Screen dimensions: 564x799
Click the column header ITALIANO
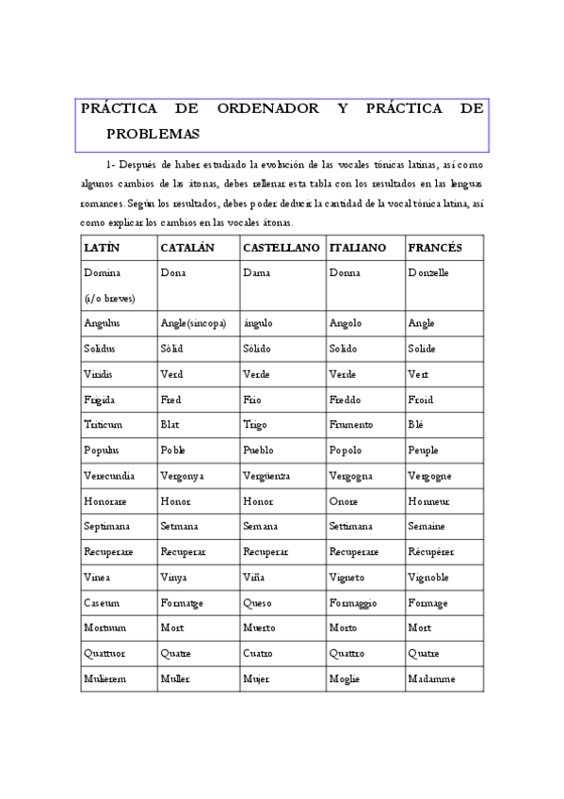coord(358,247)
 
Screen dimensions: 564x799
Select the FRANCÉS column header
coord(435,247)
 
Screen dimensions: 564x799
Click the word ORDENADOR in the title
coord(267,109)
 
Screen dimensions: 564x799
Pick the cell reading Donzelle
coord(428,272)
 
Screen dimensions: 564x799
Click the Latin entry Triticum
coord(104,425)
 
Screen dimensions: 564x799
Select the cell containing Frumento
coord(351,425)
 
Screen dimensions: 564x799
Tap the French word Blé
coord(417,425)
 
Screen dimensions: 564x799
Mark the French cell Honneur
coord(429,501)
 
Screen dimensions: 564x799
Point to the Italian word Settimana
coord(351,527)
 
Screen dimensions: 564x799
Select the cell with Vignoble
coord(428,578)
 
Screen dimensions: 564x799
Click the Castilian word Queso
coord(256,603)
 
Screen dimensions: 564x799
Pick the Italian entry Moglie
coord(345,679)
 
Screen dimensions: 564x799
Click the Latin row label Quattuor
coord(104,654)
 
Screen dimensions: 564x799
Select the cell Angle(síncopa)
coord(193,323)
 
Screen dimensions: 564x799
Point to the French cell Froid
coord(421,399)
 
